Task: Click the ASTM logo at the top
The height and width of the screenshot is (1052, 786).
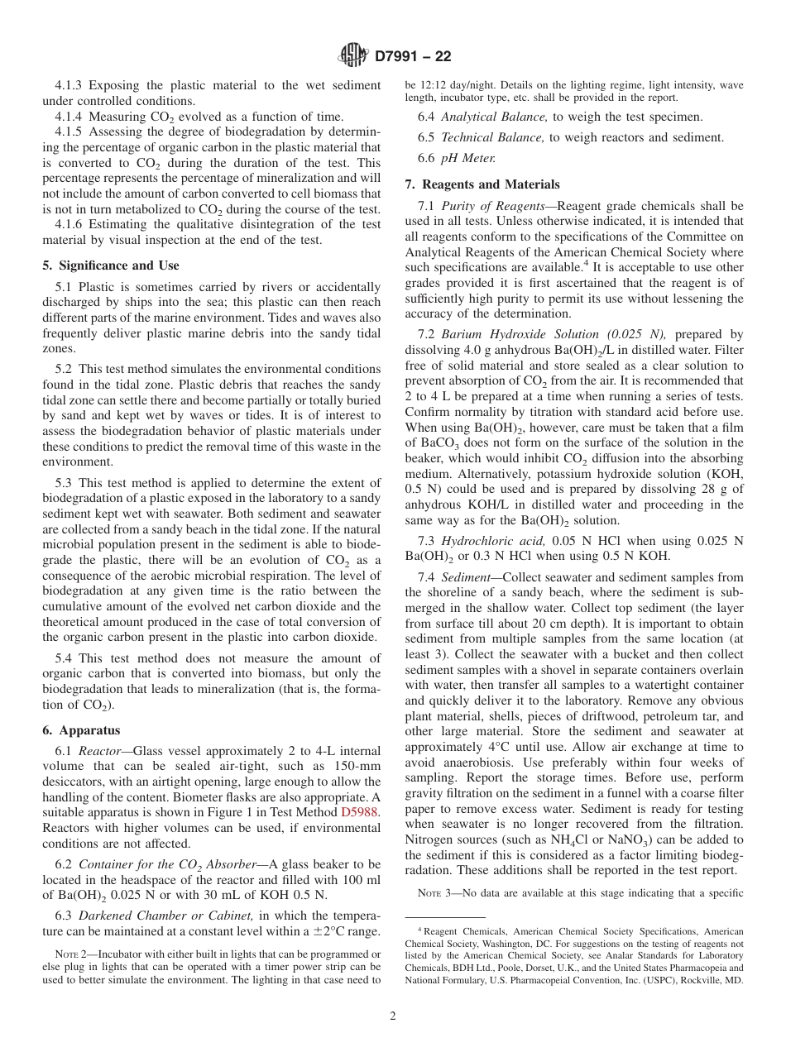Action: tap(353, 56)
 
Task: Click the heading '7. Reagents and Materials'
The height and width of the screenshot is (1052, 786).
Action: tap(482, 184)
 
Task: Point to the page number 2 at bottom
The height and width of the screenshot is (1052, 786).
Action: tap(393, 1016)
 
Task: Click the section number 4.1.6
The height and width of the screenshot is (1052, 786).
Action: tap(70, 225)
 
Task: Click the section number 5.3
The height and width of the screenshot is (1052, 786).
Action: tap(65, 483)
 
